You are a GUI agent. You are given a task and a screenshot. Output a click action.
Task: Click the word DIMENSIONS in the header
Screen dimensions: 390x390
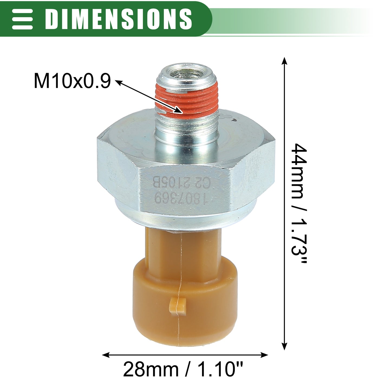point(118,19)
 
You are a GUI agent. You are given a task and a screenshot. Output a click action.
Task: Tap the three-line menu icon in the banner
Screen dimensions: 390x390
point(22,19)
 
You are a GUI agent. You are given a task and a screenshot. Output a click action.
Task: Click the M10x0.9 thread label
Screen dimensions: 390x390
point(72,81)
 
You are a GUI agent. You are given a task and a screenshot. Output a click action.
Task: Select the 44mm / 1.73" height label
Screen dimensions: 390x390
point(299,203)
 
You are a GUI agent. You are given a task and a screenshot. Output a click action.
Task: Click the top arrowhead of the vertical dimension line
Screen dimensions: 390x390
point(285,61)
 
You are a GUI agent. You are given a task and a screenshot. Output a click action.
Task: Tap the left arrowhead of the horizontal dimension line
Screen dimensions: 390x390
point(106,355)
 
